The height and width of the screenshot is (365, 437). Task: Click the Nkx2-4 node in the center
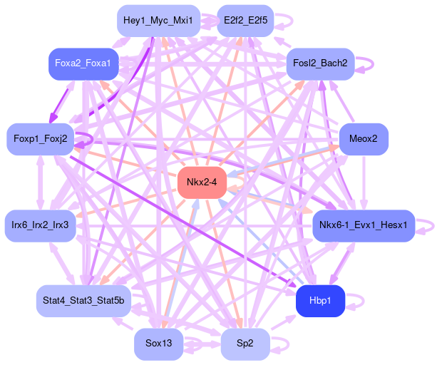(x=202, y=184)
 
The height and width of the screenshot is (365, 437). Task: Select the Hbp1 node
(x=320, y=301)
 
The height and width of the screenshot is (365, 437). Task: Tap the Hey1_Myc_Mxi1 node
(x=158, y=21)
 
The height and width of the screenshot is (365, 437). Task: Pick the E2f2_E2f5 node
(x=245, y=21)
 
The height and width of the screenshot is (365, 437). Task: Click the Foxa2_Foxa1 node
(x=83, y=64)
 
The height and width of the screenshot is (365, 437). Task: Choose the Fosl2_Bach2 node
(x=320, y=64)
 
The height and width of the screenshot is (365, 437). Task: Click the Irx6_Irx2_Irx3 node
(x=40, y=225)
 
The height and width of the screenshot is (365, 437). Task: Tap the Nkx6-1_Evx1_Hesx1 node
(x=363, y=225)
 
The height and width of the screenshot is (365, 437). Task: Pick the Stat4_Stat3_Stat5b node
(x=83, y=301)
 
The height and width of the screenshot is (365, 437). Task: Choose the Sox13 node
(x=158, y=344)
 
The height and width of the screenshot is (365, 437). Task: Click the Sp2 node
(x=245, y=344)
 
